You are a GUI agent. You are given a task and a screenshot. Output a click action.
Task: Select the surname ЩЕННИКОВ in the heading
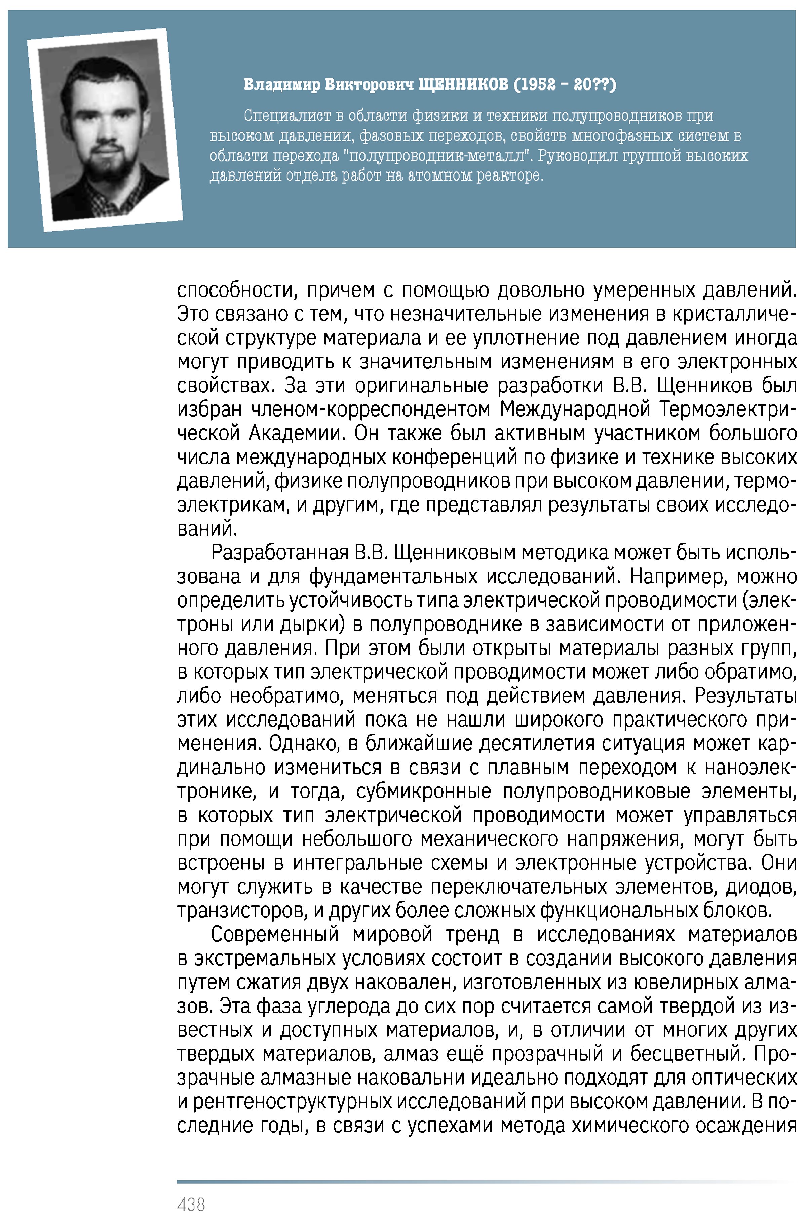[463, 84]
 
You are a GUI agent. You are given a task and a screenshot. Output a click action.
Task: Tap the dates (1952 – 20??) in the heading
[565, 84]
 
